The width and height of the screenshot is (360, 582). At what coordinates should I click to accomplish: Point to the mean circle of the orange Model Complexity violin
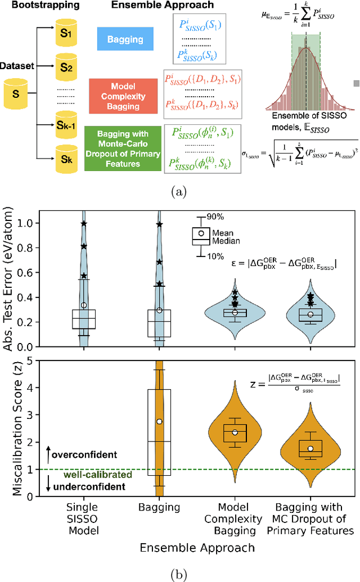(x=235, y=432)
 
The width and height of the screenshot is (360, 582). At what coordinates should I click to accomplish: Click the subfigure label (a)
(x=179, y=192)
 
